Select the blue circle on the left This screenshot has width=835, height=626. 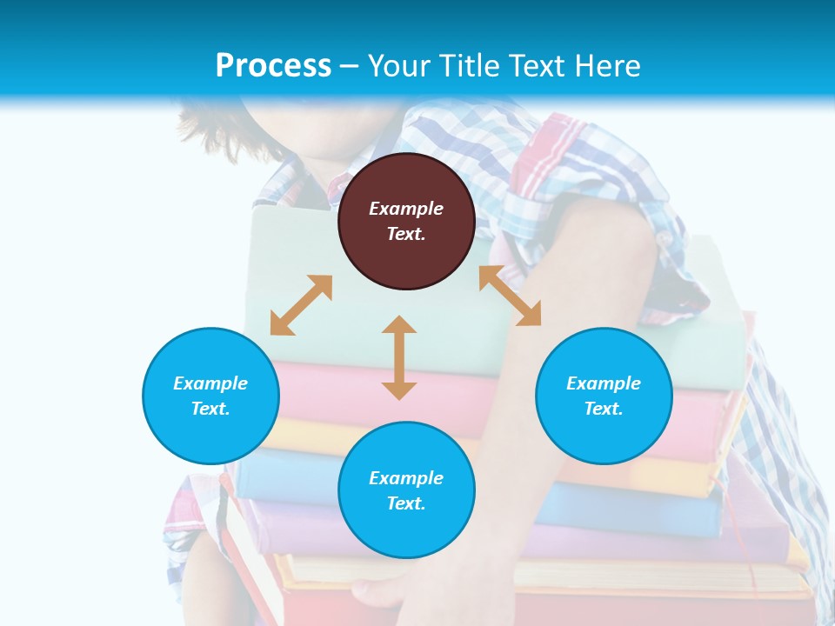tap(210, 435)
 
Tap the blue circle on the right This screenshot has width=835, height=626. tap(604, 435)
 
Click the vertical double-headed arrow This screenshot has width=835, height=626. tap(399, 357)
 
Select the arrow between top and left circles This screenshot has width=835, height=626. tap(301, 305)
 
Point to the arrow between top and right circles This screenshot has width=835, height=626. tap(510, 296)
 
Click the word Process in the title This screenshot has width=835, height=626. tap(273, 65)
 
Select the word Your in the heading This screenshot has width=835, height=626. tap(398, 65)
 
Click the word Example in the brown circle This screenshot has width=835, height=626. tap(406, 209)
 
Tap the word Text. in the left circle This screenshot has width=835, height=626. tap(210, 409)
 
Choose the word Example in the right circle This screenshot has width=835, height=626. tap(604, 383)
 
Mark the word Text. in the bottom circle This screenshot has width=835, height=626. tap(406, 503)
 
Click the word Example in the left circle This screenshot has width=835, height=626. tap(210, 383)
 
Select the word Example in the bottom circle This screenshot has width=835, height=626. tap(406, 478)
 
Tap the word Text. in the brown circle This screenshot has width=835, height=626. tap(406, 234)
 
